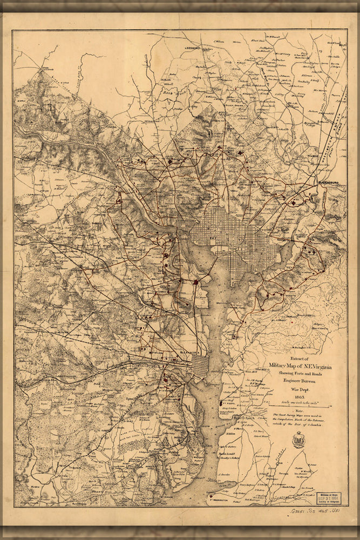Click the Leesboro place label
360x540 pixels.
[x=193, y=48]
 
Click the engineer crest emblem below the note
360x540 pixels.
[x=298, y=438]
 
